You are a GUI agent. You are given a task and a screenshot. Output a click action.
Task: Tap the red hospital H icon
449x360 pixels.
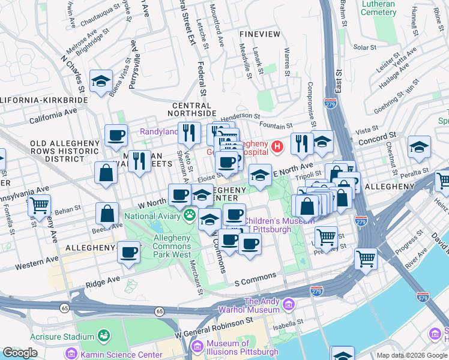277,146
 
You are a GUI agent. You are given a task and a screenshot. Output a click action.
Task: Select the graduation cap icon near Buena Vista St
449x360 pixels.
101,81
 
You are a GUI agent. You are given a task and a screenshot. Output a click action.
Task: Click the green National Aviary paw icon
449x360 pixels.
191,214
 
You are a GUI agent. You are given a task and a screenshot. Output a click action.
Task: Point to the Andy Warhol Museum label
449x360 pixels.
262,306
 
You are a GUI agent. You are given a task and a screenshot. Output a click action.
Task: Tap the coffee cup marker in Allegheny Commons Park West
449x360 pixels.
128,252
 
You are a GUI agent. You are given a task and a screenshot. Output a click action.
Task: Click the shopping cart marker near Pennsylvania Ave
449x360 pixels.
39,205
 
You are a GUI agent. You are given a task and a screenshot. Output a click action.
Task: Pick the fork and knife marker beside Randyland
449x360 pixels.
189,132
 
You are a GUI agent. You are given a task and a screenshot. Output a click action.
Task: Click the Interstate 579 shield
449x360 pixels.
423,296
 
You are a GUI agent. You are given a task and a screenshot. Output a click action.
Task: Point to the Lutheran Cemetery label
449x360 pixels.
395,8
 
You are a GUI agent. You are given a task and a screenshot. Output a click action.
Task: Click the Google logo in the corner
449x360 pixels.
20,353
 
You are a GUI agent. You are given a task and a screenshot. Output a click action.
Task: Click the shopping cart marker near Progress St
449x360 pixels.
365,259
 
